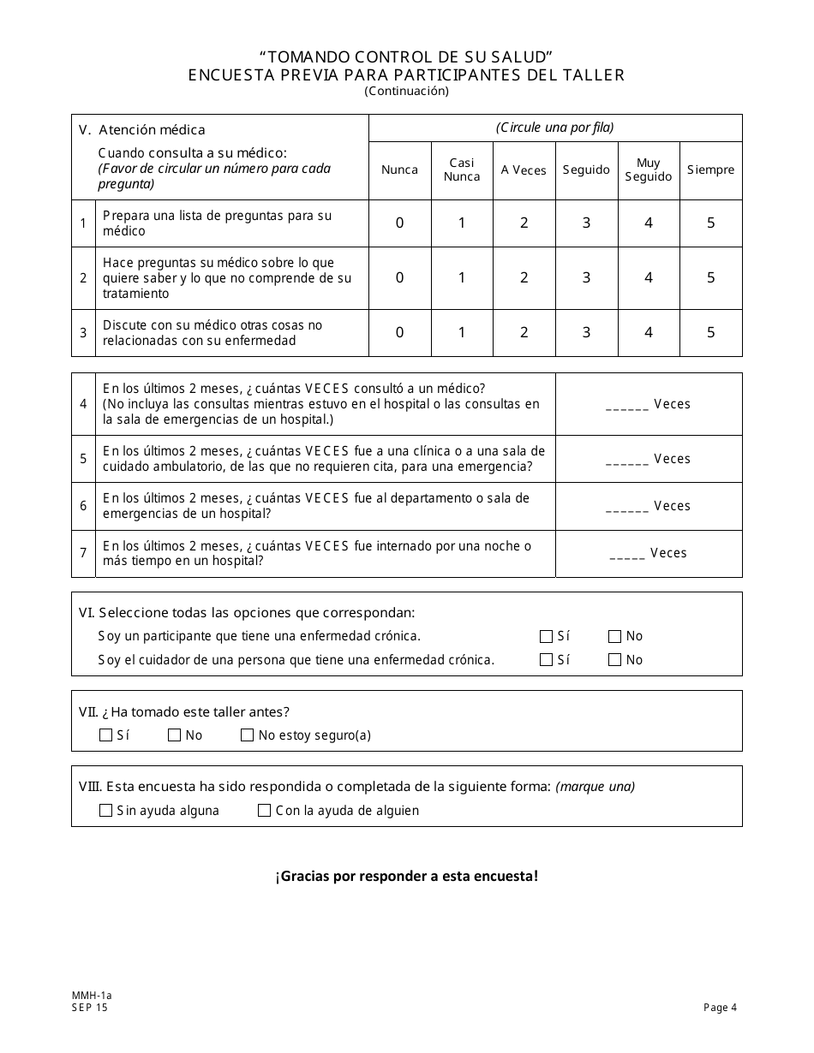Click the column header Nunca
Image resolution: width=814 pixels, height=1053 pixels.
[399, 170]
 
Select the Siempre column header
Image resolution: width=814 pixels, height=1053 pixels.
[710, 170]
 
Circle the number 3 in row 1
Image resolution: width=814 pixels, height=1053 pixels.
[586, 223]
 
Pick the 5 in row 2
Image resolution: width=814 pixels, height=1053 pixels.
[710, 277]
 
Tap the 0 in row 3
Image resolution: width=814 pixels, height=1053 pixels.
[399, 333]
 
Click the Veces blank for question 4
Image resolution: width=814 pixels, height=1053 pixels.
[627, 405]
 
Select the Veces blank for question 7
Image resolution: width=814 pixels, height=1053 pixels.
[627, 554]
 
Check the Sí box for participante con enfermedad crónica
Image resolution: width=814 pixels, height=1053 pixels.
[546, 636]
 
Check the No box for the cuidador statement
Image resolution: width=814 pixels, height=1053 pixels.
[614, 660]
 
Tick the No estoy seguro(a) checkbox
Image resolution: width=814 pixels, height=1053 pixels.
[248, 735]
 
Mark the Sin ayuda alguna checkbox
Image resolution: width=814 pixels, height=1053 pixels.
[106, 811]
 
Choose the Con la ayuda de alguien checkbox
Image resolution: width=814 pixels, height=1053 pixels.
[265, 811]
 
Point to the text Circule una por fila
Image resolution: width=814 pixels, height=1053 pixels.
[555, 128]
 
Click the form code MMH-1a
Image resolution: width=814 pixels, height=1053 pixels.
[92, 996]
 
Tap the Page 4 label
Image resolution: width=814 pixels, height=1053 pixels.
[720, 1008]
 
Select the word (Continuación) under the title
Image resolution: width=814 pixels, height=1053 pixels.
[406, 91]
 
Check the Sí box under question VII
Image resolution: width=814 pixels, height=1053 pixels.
[106, 735]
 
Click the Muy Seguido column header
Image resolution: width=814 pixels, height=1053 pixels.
[649, 170]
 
